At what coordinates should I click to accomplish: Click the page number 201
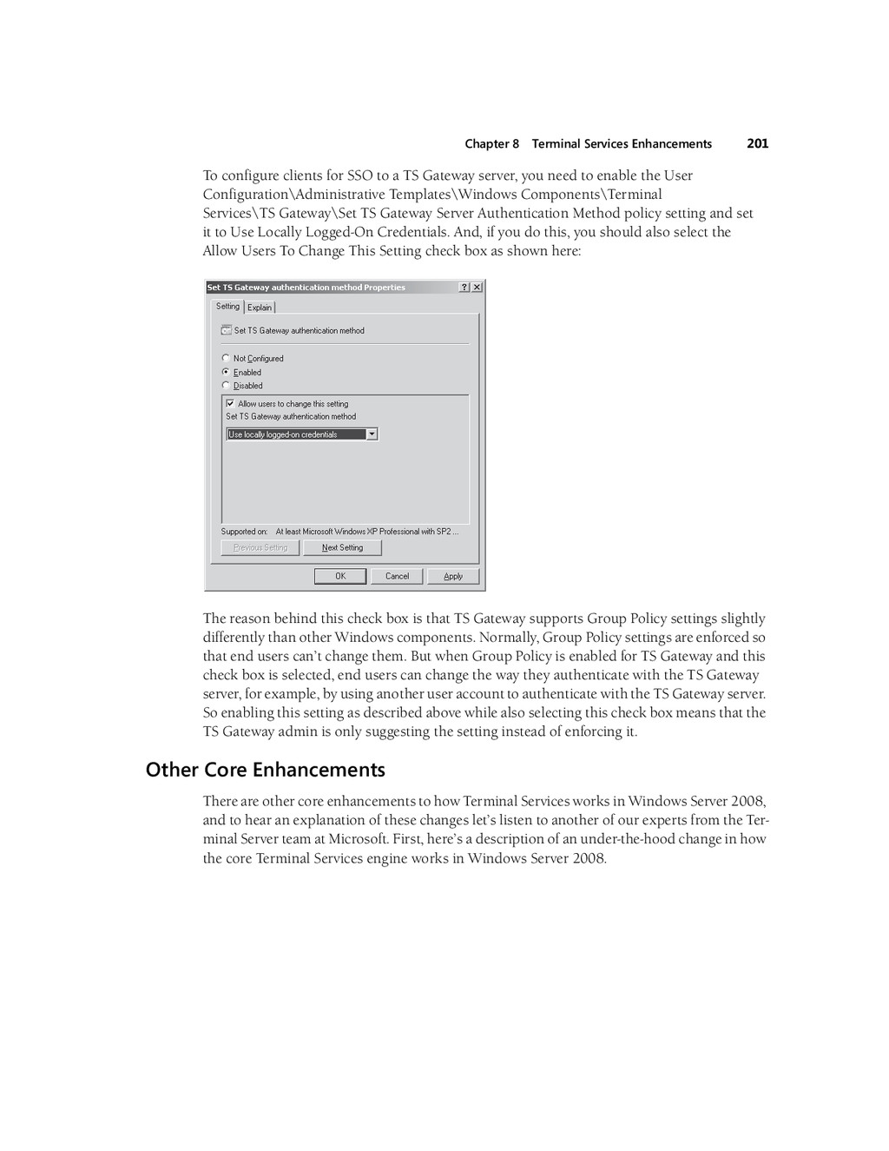[757, 144]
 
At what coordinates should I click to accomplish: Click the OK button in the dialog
[340, 576]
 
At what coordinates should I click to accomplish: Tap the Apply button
[453, 576]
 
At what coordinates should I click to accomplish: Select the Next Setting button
[342, 548]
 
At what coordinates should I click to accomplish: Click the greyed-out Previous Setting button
[260, 548]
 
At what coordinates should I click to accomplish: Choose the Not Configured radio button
[227, 358]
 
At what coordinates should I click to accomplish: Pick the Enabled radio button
[227, 372]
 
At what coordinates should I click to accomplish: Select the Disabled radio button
[227, 386]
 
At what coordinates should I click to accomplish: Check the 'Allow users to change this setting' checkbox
[230, 404]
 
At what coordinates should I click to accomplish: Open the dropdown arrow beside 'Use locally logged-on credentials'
[372, 434]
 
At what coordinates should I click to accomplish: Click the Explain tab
[260, 308]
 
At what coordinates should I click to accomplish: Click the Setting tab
[228, 307]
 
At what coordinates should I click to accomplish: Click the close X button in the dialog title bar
[477, 288]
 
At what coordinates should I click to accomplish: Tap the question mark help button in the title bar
[464, 288]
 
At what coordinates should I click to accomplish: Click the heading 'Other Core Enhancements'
[265, 771]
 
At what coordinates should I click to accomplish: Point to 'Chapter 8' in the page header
[491, 144]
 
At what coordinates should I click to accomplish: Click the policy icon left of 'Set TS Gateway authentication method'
[227, 331]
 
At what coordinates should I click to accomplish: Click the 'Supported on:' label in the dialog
[244, 532]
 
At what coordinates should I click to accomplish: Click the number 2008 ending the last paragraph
[588, 859]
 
